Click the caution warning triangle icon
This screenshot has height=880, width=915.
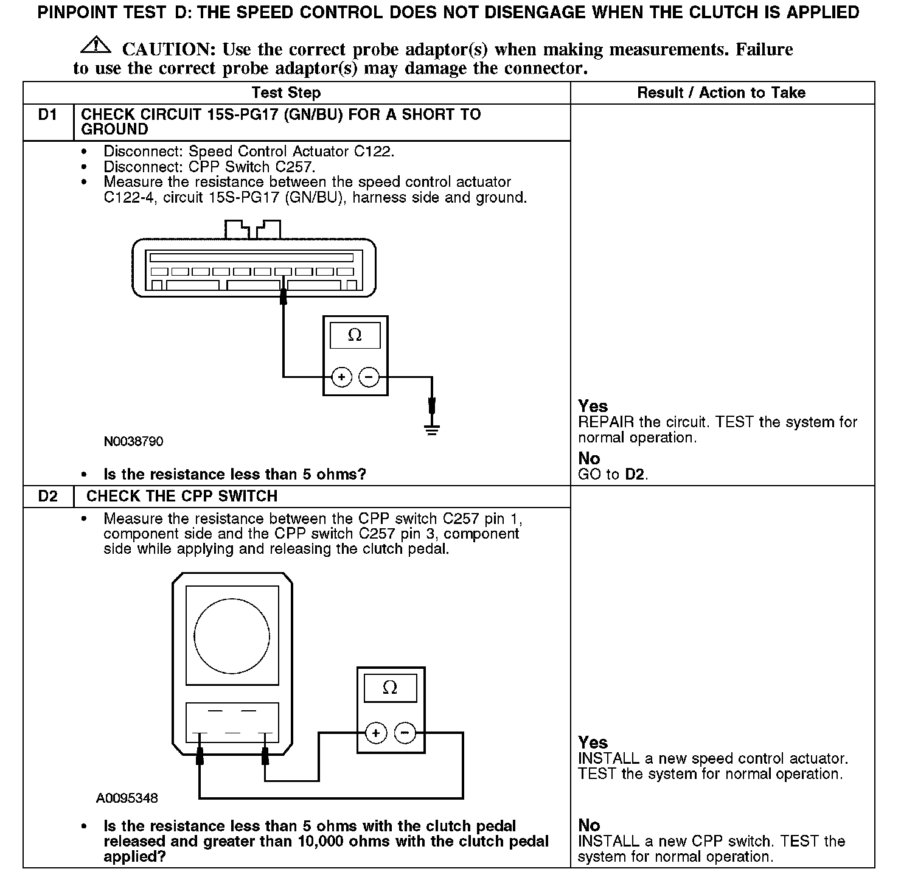coord(95,45)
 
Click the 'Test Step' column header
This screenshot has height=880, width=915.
coord(286,93)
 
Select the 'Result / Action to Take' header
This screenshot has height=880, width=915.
coord(721,93)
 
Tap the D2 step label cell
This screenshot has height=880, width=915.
coord(47,497)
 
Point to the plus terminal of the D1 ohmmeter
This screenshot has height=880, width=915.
coord(342,377)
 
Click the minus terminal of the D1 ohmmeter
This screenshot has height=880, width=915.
coord(369,377)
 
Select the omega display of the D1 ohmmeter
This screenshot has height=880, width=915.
coord(355,335)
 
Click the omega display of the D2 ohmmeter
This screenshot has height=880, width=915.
coord(390,688)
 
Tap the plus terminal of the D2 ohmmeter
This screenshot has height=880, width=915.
coord(376,733)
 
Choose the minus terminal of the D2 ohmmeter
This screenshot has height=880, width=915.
coord(405,733)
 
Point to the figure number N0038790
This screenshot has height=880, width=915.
coord(133,441)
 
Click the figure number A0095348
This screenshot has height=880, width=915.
coord(127,798)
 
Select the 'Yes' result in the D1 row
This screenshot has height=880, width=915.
coord(593,406)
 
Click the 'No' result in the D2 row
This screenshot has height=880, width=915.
coord(589,825)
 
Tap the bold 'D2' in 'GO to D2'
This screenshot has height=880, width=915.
coord(635,474)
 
